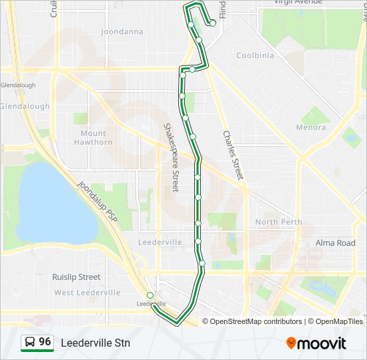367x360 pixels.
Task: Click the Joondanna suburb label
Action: [122, 31]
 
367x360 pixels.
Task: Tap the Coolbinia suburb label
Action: [255, 55]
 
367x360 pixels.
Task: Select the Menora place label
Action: [311, 127]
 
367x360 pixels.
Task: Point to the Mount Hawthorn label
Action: [93, 137]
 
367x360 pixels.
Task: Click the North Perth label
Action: [278, 222]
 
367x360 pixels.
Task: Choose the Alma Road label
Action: [335, 243]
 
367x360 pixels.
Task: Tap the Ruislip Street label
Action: [76, 277]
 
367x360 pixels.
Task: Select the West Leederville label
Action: [87, 293]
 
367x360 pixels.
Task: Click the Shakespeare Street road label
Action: [171, 157]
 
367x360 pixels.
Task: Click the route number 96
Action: [45, 342]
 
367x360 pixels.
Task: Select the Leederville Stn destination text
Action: [95, 343]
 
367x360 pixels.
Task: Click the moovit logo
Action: [316, 343]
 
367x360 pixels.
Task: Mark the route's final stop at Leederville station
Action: [150, 295]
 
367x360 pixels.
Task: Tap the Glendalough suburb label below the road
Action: [24, 106]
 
